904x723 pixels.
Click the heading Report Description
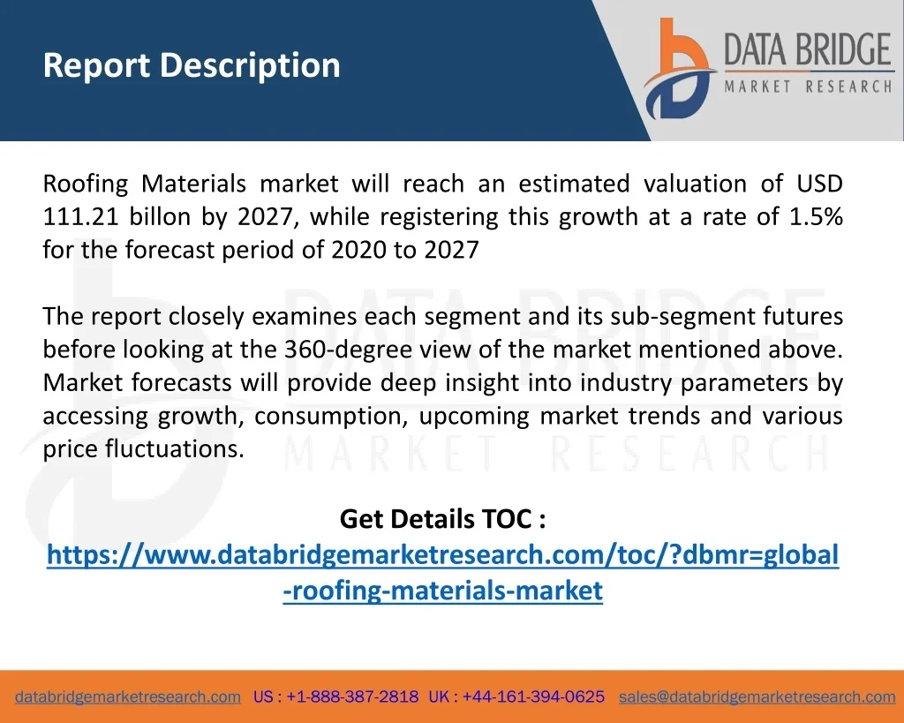(192, 65)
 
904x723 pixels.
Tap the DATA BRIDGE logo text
(808, 49)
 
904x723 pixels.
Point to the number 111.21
(80, 217)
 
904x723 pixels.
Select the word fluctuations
(175, 449)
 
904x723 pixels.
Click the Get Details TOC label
(443, 519)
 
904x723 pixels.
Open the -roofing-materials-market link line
(443, 591)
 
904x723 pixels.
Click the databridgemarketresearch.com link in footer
(128, 697)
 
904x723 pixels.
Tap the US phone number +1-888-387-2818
(352, 697)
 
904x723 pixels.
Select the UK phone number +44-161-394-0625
(533, 697)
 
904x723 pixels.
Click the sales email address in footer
(757, 697)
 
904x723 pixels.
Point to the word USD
(819, 184)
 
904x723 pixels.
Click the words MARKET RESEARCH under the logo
(808, 87)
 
